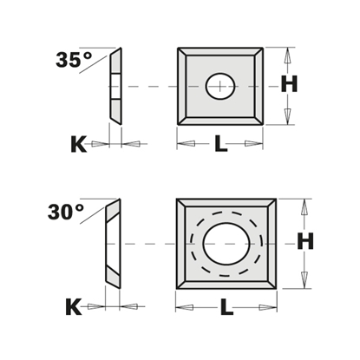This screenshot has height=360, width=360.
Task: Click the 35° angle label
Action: pyautogui.click(x=73, y=61)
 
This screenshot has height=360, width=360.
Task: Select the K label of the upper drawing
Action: pyautogui.click(x=77, y=143)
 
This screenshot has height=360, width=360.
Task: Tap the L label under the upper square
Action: pyautogui.click(x=220, y=144)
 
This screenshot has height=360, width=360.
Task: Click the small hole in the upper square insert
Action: pyautogui.click(x=220, y=85)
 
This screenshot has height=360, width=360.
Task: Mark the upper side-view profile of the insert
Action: pyautogui.click(x=115, y=85)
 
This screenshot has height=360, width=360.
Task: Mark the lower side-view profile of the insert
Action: pyautogui.click(x=112, y=245)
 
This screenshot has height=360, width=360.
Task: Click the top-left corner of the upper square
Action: pyautogui.click(x=179, y=49)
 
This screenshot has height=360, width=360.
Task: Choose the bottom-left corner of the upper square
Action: pyautogui.click(x=179, y=124)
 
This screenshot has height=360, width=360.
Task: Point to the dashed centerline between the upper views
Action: pyautogui.click(x=152, y=85)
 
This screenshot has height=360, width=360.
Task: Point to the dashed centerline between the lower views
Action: pyautogui.click(x=147, y=245)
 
